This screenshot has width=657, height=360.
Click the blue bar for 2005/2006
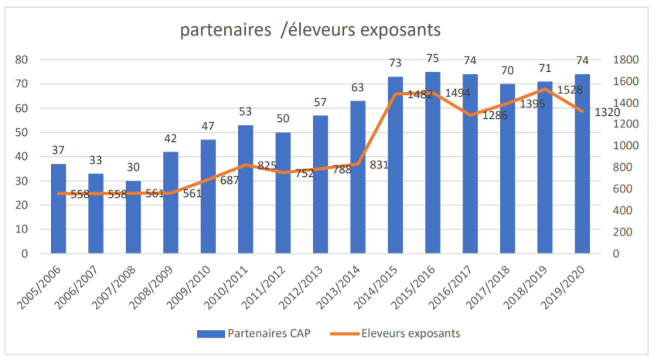click(x=59, y=209)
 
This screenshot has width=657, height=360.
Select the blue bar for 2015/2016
click(x=433, y=162)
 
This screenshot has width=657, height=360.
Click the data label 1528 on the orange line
click(x=569, y=90)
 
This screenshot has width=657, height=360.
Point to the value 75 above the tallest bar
click(x=433, y=58)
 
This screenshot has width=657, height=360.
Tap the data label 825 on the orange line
click(x=268, y=165)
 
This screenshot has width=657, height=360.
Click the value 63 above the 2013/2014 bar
click(x=358, y=87)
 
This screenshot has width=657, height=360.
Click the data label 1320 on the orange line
click(x=607, y=112)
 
